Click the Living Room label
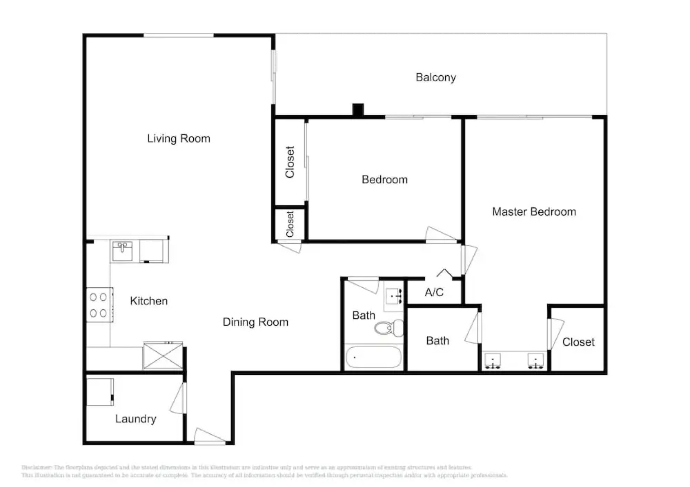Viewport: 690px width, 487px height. (178, 138)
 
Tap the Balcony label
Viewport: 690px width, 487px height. (435, 77)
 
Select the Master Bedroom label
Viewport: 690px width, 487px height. (534, 211)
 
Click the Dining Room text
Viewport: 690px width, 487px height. (255, 322)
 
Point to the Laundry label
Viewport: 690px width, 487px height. (135, 419)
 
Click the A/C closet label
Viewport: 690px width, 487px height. (434, 293)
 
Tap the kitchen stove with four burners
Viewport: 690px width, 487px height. (99, 305)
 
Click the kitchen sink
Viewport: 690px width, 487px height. (122, 251)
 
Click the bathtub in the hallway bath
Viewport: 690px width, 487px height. (373, 358)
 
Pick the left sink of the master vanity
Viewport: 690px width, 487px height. (493, 361)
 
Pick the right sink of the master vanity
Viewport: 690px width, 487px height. (536, 361)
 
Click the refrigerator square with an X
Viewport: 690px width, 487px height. (163, 356)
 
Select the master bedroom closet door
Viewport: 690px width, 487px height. (555, 334)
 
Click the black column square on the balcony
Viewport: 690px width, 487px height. (358, 110)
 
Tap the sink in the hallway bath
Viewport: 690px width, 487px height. (393, 296)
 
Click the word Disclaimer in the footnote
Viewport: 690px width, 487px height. (36, 468)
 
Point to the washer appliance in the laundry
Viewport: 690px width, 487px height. (100, 392)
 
